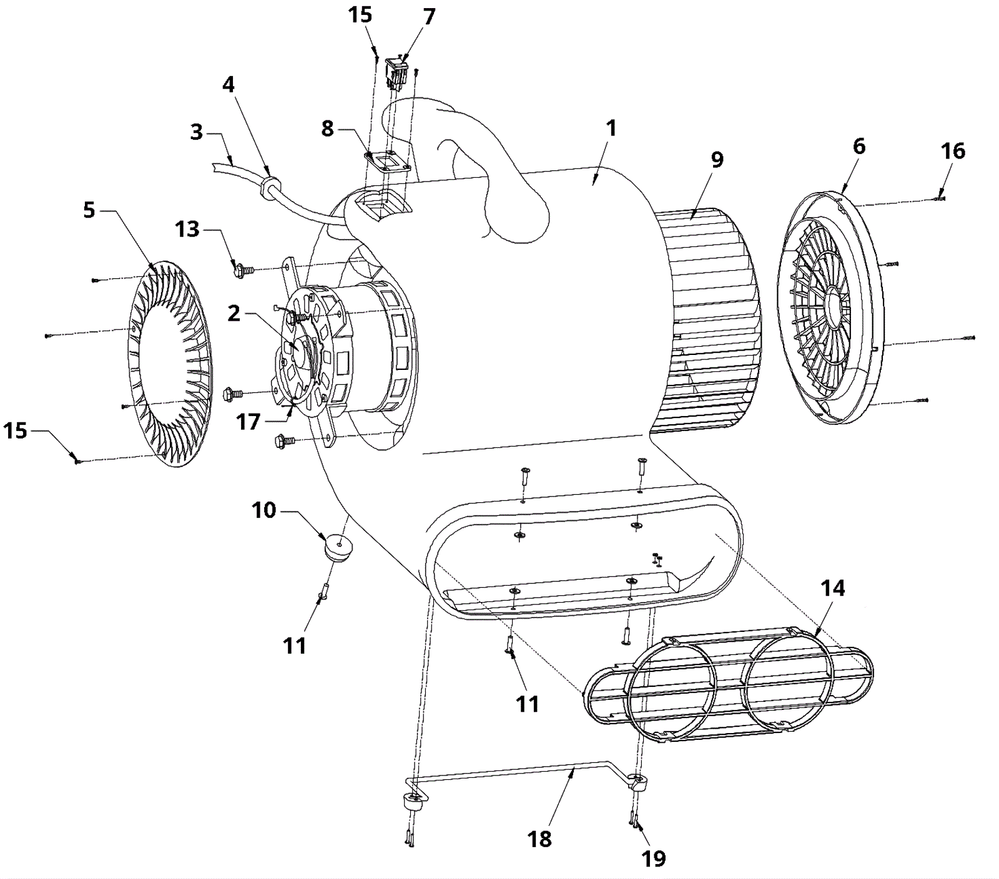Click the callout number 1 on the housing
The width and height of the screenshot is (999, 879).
(611, 129)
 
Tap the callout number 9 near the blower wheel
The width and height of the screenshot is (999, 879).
(717, 160)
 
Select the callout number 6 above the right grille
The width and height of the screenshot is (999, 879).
(859, 147)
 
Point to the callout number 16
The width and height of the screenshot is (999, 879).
(953, 150)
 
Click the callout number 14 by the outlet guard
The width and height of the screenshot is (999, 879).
(833, 588)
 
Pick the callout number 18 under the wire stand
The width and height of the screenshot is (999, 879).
(539, 839)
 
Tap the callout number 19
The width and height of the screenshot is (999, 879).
(654, 858)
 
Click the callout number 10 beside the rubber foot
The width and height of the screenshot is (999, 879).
(263, 510)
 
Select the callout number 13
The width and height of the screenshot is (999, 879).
(187, 230)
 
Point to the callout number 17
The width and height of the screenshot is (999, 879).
(248, 422)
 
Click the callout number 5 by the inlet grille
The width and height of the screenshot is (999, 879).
(89, 210)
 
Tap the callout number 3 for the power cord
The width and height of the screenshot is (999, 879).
(197, 132)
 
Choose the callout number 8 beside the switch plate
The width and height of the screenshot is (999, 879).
(328, 129)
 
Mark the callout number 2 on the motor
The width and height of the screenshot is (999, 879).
(234, 313)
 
